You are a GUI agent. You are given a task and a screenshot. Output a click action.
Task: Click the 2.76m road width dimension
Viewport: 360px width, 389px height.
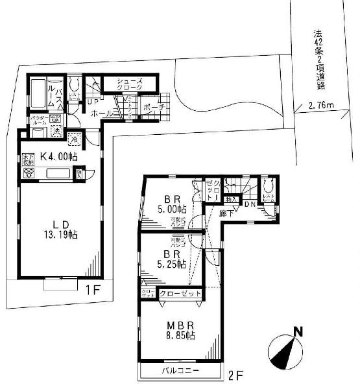321,104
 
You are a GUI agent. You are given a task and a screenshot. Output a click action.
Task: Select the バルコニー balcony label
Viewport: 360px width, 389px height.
179,371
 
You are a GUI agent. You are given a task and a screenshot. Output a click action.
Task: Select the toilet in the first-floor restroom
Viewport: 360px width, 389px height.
73,85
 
